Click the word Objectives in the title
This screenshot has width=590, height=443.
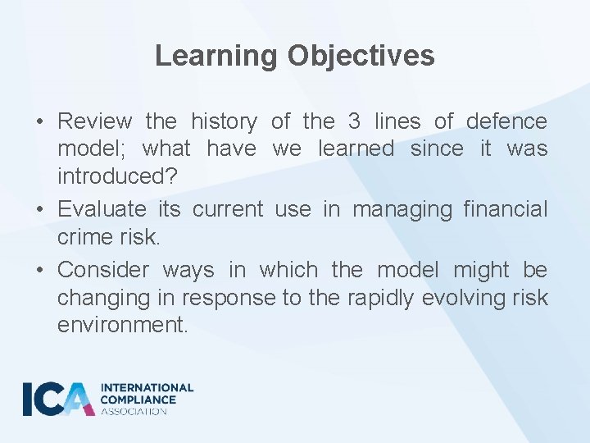coord(361,56)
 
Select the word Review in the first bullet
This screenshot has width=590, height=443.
coord(94,122)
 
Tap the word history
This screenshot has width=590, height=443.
coord(223,122)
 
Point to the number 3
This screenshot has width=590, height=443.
coord(354,122)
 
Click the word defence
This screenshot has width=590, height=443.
coord(506,122)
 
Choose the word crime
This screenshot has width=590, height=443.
coord(84,236)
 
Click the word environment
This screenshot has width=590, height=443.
coord(122,325)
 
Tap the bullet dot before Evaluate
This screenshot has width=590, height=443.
coord(40,210)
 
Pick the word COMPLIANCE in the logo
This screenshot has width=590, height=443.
coord(138,400)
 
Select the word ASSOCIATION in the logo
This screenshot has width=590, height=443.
coord(134,411)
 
